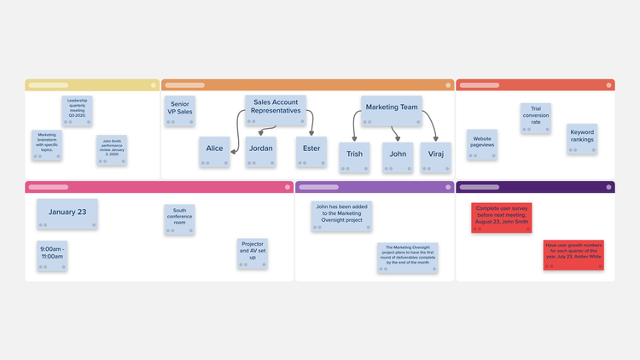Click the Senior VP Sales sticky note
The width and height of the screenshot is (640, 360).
pyautogui.click(x=180, y=111)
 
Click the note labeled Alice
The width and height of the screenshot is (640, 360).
pyautogui.click(x=214, y=151)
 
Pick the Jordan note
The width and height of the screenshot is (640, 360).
pyautogui.click(x=261, y=151)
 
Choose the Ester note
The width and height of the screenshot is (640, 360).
pyautogui.click(x=311, y=151)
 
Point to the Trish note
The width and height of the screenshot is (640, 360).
pyautogui.click(x=353, y=157)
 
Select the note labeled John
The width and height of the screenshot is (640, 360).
pyautogui.click(x=398, y=157)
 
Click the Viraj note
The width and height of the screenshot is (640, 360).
pyautogui.click(x=435, y=157)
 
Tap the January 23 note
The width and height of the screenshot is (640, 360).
pyautogui.click(x=67, y=214)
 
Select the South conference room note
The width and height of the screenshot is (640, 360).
pyautogui.click(x=179, y=218)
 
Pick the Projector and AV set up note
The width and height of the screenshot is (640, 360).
pyautogui.click(x=253, y=253)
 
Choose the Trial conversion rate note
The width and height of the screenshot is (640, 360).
pyautogui.click(x=536, y=119)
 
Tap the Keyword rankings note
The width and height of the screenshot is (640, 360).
pyautogui.click(x=582, y=139)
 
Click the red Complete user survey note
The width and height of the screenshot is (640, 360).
pyautogui.click(x=502, y=217)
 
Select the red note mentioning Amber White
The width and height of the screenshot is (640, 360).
pyautogui.click(x=573, y=255)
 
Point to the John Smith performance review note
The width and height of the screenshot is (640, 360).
pyautogui.click(x=112, y=150)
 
